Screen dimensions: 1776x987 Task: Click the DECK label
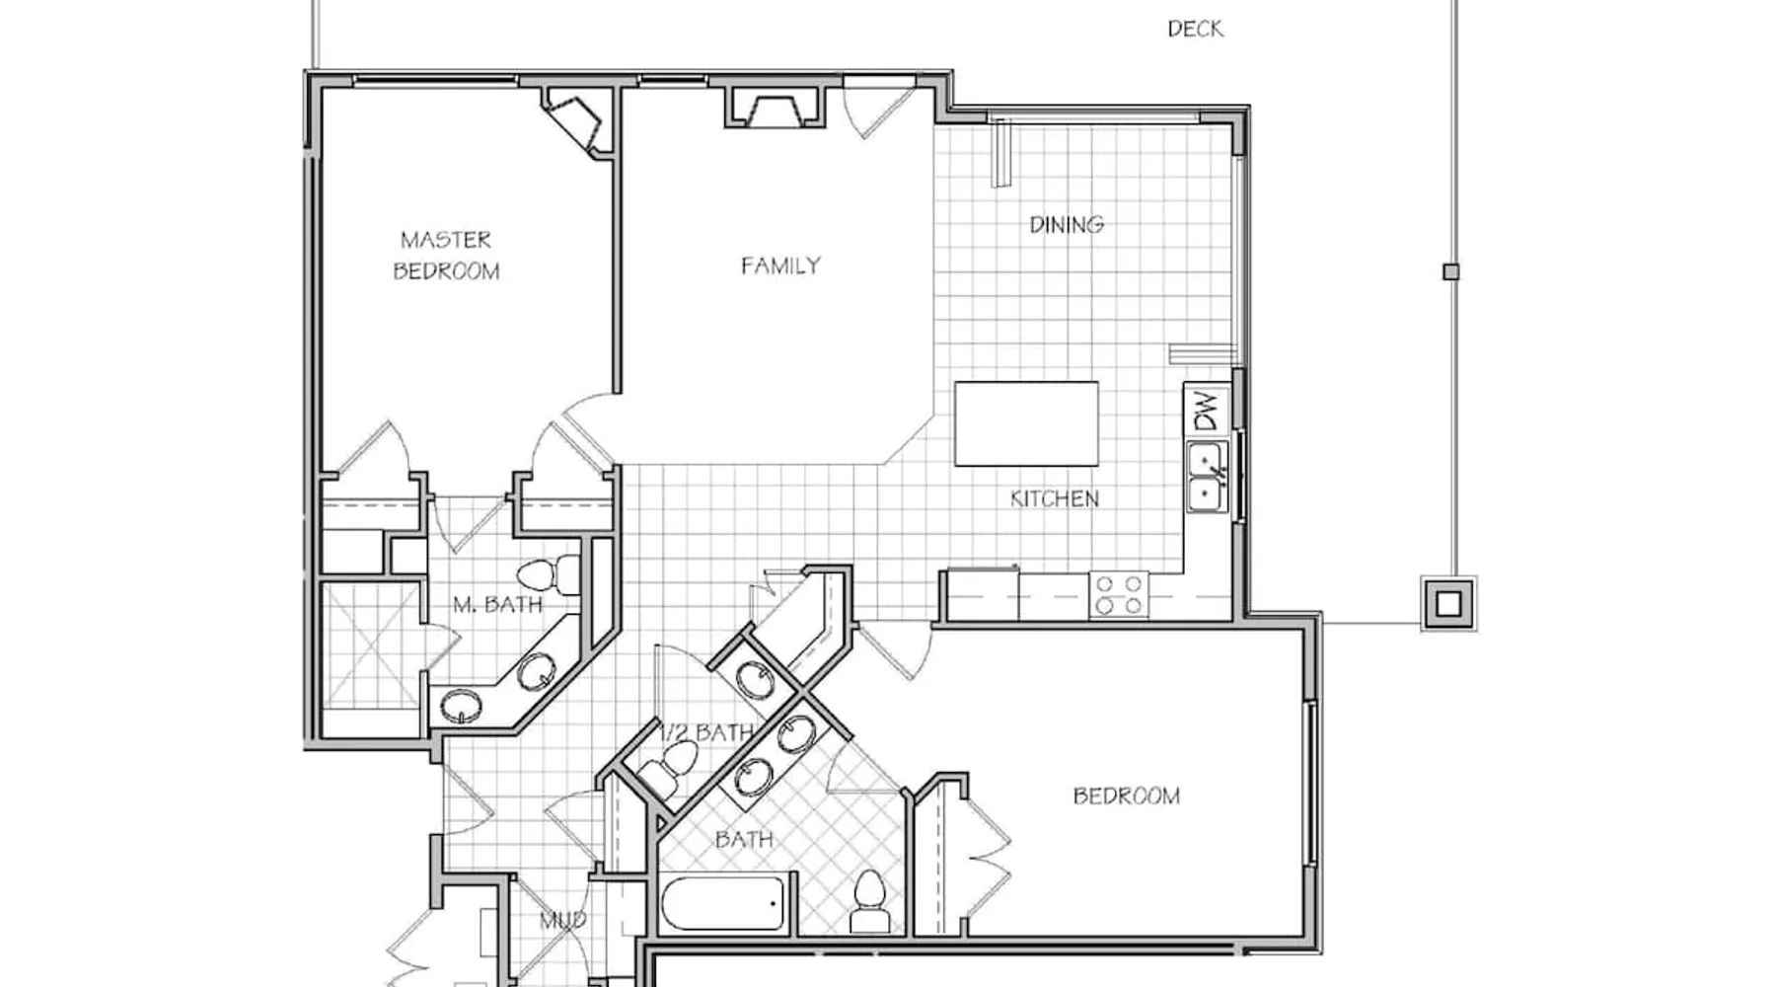pyautogui.click(x=1195, y=29)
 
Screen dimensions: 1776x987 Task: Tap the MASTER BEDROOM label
pyautogui.click(x=446, y=255)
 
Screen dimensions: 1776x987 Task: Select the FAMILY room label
pyautogui.click(x=780, y=266)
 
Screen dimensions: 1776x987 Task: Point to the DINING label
pyautogui.click(x=1067, y=225)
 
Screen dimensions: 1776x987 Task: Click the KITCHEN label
pyautogui.click(x=1054, y=498)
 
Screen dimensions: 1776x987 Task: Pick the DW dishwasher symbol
pyautogui.click(x=1206, y=411)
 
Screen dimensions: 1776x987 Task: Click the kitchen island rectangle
pyautogui.click(x=1026, y=423)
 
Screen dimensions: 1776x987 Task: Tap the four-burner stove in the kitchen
pyautogui.click(x=1119, y=595)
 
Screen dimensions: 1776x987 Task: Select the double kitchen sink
pyautogui.click(x=1207, y=478)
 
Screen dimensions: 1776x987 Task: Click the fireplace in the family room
pyautogui.click(x=775, y=108)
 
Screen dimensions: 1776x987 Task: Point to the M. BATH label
pyautogui.click(x=497, y=604)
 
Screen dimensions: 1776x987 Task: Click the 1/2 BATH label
pyautogui.click(x=706, y=732)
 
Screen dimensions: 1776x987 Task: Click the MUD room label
pyautogui.click(x=563, y=921)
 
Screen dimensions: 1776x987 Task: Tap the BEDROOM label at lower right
pyautogui.click(x=1126, y=796)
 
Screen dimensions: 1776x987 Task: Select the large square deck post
pyautogui.click(x=1447, y=603)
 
